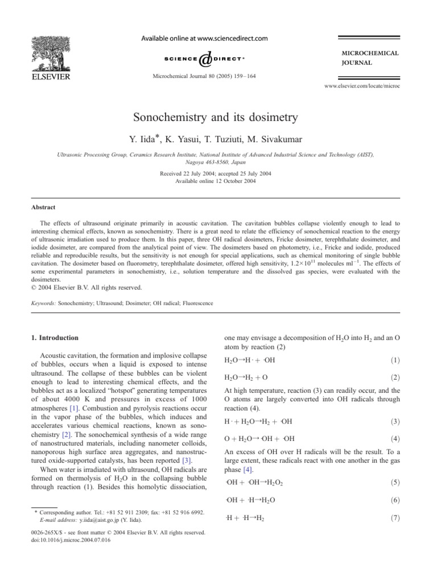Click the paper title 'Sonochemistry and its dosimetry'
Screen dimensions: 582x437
coord(218,119)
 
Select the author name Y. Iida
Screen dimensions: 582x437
coord(155,139)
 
